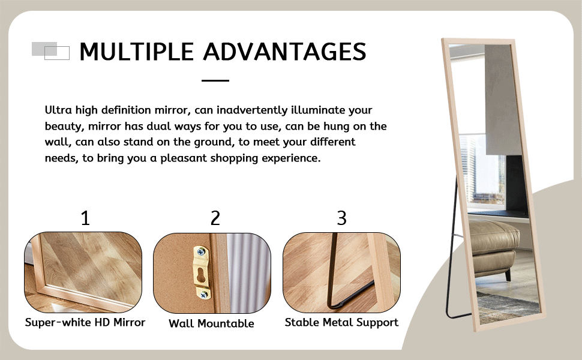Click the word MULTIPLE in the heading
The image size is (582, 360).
tap(137, 52)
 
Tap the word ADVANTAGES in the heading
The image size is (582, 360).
tap(284, 52)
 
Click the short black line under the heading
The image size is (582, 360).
tap(215, 80)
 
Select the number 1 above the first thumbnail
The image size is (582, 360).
tap(85, 218)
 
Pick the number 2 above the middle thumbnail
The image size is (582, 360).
tap(215, 218)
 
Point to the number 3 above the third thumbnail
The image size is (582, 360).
tap(341, 218)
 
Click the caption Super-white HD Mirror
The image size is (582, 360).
tap(85, 323)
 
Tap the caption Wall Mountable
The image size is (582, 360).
tap(211, 324)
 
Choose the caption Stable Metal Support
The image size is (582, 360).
tap(341, 323)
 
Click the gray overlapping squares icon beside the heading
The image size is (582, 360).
tap(50, 50)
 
